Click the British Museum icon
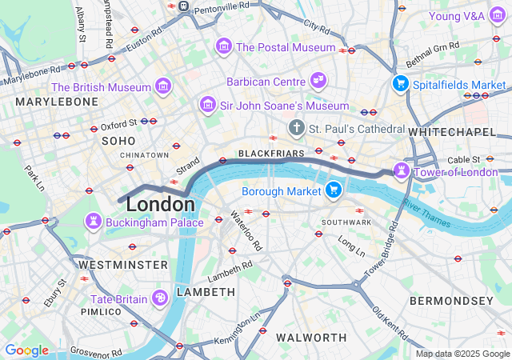(x=163, y=86)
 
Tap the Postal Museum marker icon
(x=223, y=47)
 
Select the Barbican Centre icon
(x=318, y=81)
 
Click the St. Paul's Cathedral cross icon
(x=297, y=128)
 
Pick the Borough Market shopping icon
(x=334, y=190)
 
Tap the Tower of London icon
(x=400, y=170)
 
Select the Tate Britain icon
(x=160, y=298)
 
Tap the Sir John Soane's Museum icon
(x=208, y=105)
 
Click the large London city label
(x=160, y=204)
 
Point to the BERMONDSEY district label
(x=451, y=301)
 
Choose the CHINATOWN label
(x=144, y=154)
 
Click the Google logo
(x=26, y=350)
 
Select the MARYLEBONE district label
(x=57, y=102)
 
